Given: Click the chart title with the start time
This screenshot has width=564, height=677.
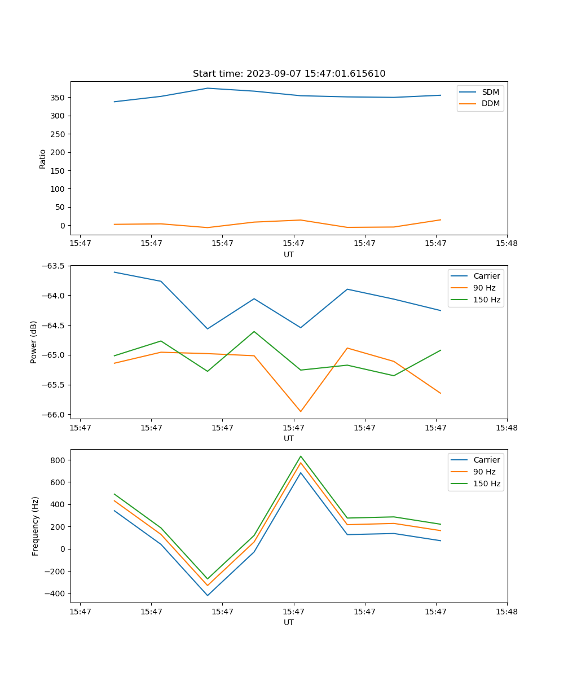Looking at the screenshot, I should click(x=289, y=74).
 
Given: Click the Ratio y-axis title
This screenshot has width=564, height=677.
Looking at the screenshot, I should click(x=43, y=159).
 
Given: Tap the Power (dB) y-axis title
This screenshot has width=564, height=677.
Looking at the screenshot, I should click(x=34, y=342).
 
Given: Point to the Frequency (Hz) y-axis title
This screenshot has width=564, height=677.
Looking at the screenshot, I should click(x=35, y=526).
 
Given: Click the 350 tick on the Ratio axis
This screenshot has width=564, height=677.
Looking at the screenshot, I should click(x=58, y=98).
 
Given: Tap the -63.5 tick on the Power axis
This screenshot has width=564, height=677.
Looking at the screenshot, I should click(x=55, y=266).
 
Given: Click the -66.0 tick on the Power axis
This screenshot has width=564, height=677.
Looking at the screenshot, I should click(x=55, y=415).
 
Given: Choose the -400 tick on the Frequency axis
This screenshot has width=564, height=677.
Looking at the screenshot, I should click(x=55, y=594).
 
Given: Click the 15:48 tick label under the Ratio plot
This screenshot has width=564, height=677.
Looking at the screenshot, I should click(x=506, y=244).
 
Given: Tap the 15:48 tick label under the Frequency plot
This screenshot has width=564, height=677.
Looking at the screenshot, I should click(x=506, y=612).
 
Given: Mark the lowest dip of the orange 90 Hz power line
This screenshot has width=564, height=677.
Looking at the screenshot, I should click(x=301, y=411).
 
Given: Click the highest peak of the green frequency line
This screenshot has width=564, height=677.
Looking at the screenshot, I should click(x=301, y=456).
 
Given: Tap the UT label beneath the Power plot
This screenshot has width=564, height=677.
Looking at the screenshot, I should click(x=289, y=438).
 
